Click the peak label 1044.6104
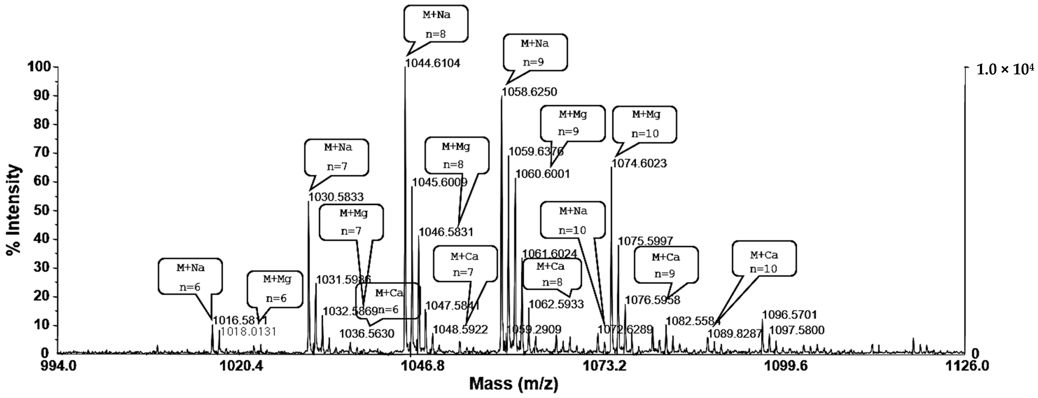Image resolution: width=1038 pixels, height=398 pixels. [432, 63]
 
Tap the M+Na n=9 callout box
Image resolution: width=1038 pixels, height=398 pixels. [535, 52]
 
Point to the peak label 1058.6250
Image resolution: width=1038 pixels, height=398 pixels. [529, 92]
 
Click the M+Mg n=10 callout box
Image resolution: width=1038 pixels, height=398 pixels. [645, 124]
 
